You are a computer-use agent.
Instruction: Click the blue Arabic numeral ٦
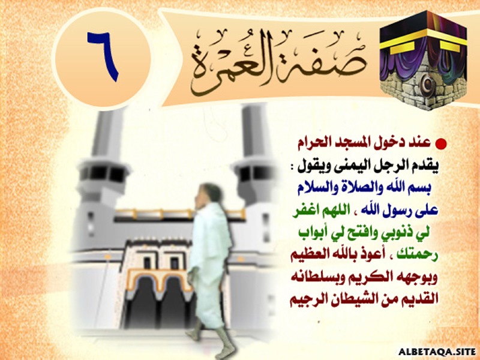coord(103,56)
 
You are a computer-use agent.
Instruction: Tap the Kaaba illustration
coord(424,60)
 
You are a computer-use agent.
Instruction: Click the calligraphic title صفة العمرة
coord(277,61)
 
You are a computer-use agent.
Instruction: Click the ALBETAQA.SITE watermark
coord(437,352)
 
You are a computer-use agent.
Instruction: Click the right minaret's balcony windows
coord(253,173)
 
